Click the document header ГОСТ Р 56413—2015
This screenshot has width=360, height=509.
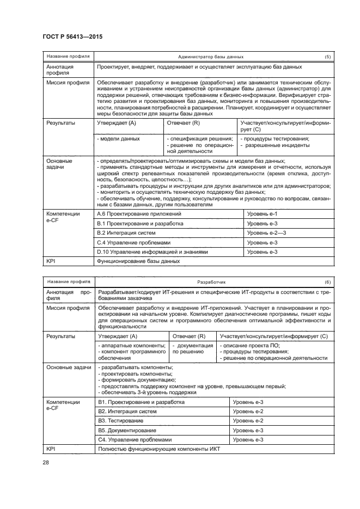click(72, 36)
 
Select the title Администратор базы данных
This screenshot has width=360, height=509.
click(210, 57)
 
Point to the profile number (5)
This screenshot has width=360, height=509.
click(327, 57)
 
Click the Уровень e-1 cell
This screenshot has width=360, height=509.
click(262, 214)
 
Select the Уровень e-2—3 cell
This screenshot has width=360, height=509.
click(266, 233)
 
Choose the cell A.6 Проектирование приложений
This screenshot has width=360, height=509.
click(139, 214)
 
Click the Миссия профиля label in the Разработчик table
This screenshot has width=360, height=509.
click(68, 308)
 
